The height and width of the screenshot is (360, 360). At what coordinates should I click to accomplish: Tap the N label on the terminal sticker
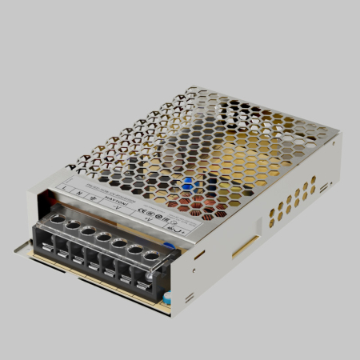(78, 192)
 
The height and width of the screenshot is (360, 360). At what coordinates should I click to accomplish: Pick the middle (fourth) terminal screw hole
(103, 236)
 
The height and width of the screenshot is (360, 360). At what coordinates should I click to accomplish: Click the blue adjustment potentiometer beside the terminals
(170, 247)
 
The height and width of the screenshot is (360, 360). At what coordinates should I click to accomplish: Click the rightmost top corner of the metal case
(340, 134)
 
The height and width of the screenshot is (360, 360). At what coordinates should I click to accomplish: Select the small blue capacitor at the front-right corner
(170, 298)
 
